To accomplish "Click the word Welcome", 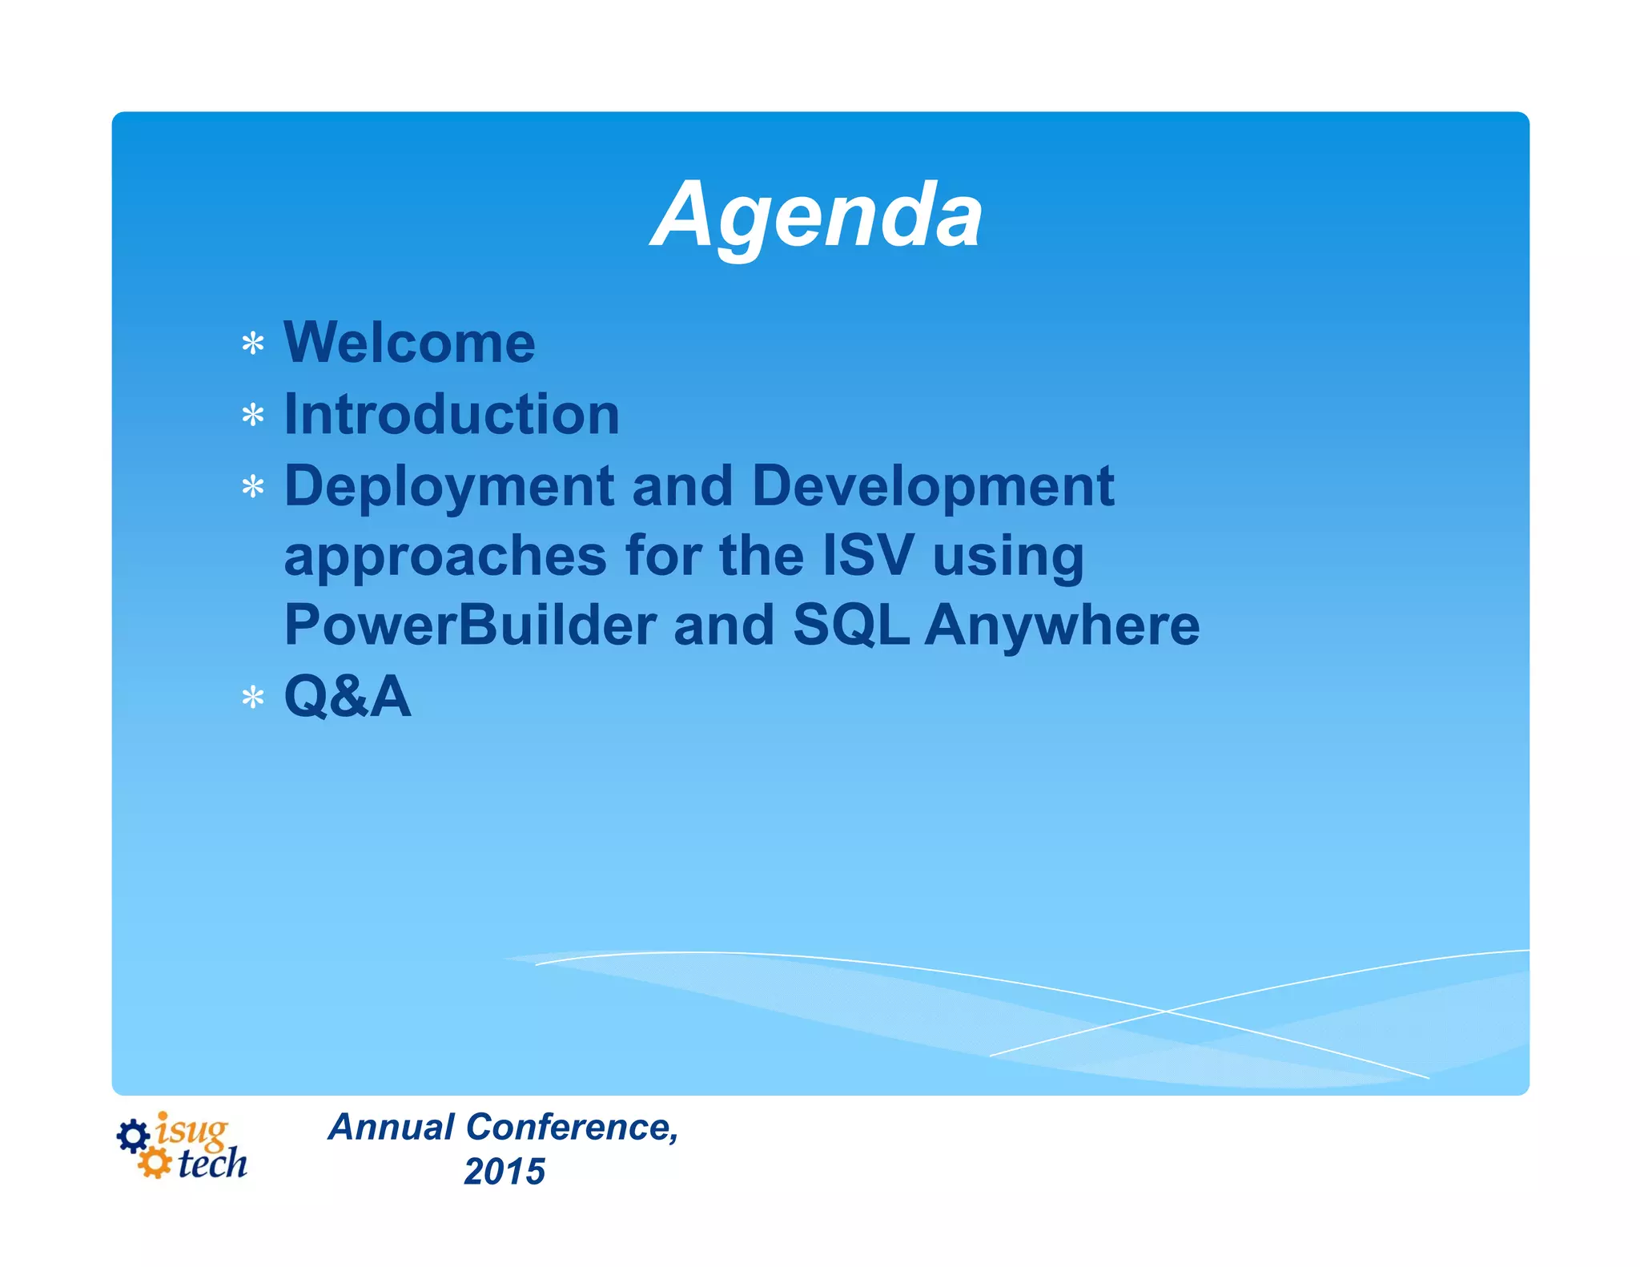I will tap(409, 343).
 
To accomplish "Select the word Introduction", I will tap(452, 414).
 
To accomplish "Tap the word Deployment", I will tap(449, 486).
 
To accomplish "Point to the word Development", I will tap(933, 486).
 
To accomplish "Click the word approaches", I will tap(445, 556).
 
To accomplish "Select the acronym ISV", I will tap(868, 556).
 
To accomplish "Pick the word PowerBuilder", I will tap(470, 625).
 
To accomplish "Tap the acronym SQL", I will tap(850, 625).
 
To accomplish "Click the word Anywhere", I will tap(1063, 625).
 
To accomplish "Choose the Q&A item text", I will tap(348, 696).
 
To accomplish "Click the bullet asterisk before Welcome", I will tap(253, 344).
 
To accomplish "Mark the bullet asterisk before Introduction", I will tap(253, 416).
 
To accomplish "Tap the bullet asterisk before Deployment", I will tap(253, 487).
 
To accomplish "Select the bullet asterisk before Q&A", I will tap(253, 698).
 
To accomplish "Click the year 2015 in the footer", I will tap(504, 1172).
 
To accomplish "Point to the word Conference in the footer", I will tap(572, 1127).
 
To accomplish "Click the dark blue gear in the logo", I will tap(133, 1136).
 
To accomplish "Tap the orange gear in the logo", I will tap(154, 1163).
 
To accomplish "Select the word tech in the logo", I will tap(212, 1164).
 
